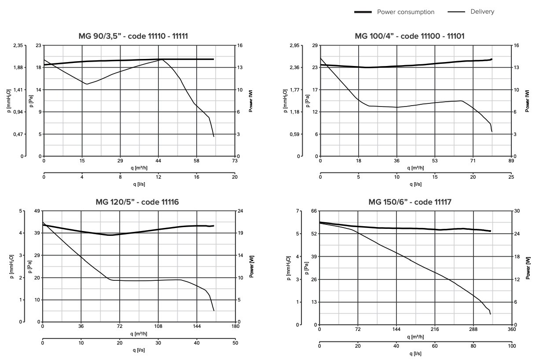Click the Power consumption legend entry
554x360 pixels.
tap(405, 12)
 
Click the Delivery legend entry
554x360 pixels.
tap(482, 12)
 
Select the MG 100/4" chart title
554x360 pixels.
tap(409, 36)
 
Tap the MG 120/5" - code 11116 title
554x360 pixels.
tap(137, 202)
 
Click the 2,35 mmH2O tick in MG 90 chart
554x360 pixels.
tap(18, 45)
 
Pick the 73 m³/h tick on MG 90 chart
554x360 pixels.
tap(235, 161)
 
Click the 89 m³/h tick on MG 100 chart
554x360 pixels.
tap(511, 161)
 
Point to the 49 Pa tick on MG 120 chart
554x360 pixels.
tap(37, 211)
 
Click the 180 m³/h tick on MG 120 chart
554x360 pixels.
tap(235, 327)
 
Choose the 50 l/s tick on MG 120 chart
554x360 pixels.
tap(235, 343)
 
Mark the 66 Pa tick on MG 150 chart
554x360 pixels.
tap(314, 211)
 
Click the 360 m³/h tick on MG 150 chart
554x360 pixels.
tap(512, 330)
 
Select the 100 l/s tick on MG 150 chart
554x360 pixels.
tap(512, 346)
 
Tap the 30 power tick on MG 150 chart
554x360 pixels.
tap(517, 211)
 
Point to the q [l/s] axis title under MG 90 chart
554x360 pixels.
tap(139, 184)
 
